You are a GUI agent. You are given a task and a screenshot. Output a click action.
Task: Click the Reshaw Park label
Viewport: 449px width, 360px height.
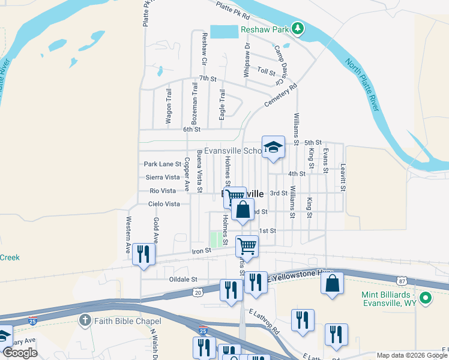pos(265,29)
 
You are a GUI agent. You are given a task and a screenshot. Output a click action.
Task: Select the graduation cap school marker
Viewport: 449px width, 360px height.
pos(273,147)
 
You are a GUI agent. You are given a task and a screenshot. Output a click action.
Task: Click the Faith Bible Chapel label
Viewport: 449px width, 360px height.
pos(121,320)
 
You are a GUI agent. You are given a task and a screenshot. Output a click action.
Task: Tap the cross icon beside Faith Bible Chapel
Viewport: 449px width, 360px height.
pos(85,320)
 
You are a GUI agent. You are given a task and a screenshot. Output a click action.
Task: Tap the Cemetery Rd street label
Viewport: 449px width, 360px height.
pos(281,96)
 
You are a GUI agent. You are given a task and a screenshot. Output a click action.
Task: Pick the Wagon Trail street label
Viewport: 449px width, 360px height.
pos(169,107)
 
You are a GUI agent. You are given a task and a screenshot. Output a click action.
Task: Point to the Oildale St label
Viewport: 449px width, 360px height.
pos(183,280)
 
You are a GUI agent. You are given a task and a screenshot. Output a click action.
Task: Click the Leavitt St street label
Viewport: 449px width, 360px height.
pos(343,177)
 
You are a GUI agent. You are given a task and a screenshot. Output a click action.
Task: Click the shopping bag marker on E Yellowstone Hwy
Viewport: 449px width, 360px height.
pos(332,283)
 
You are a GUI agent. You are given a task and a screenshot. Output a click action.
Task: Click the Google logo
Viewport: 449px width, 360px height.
pos(20,353)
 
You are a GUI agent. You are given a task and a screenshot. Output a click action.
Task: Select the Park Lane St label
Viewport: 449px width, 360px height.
pos(163,164)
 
